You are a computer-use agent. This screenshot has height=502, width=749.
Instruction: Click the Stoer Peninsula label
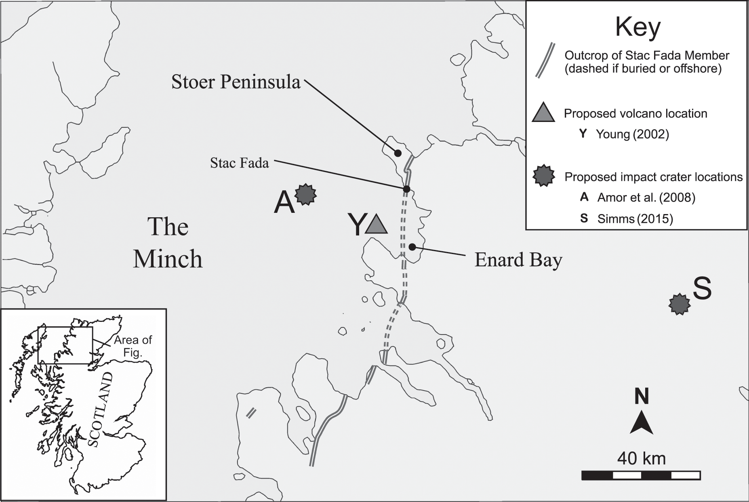click(236, 82)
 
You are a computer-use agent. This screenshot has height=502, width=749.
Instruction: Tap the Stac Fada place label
click(240, 163)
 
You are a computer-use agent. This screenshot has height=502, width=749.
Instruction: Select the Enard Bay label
click(518, 260)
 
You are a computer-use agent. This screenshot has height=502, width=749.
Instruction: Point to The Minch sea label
click(168, 242)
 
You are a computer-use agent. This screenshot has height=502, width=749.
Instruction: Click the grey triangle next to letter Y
click(376, 225)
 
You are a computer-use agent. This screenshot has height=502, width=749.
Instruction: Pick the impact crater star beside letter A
click(306, 195)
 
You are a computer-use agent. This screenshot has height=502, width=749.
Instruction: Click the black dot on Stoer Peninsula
click(398, 153)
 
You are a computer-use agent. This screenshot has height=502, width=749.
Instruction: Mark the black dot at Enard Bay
click(412, 247)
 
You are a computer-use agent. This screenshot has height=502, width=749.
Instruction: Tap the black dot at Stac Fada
click(406, 189)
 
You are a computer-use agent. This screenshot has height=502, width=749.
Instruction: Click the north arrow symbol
click(642, 422)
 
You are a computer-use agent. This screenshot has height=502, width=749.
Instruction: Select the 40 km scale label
click(641, 458)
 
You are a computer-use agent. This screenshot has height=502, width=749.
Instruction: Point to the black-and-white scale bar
click(641, 475)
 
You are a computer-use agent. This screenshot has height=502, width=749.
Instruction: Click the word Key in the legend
click(638, 27)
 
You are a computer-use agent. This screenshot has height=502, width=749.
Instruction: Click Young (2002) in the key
click(632, 134)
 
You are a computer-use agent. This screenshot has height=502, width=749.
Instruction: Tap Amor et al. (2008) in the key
click(646, 197)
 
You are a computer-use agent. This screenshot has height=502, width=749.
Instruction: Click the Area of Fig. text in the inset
click(133, 346)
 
